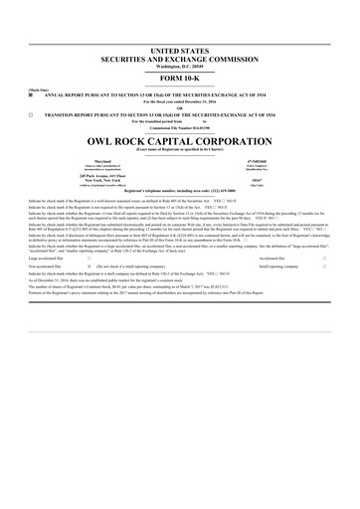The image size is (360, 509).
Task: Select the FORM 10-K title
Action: (180, 80)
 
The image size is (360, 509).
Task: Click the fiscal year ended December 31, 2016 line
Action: (180, 103)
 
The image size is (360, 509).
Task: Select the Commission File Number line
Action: (180, 129)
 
